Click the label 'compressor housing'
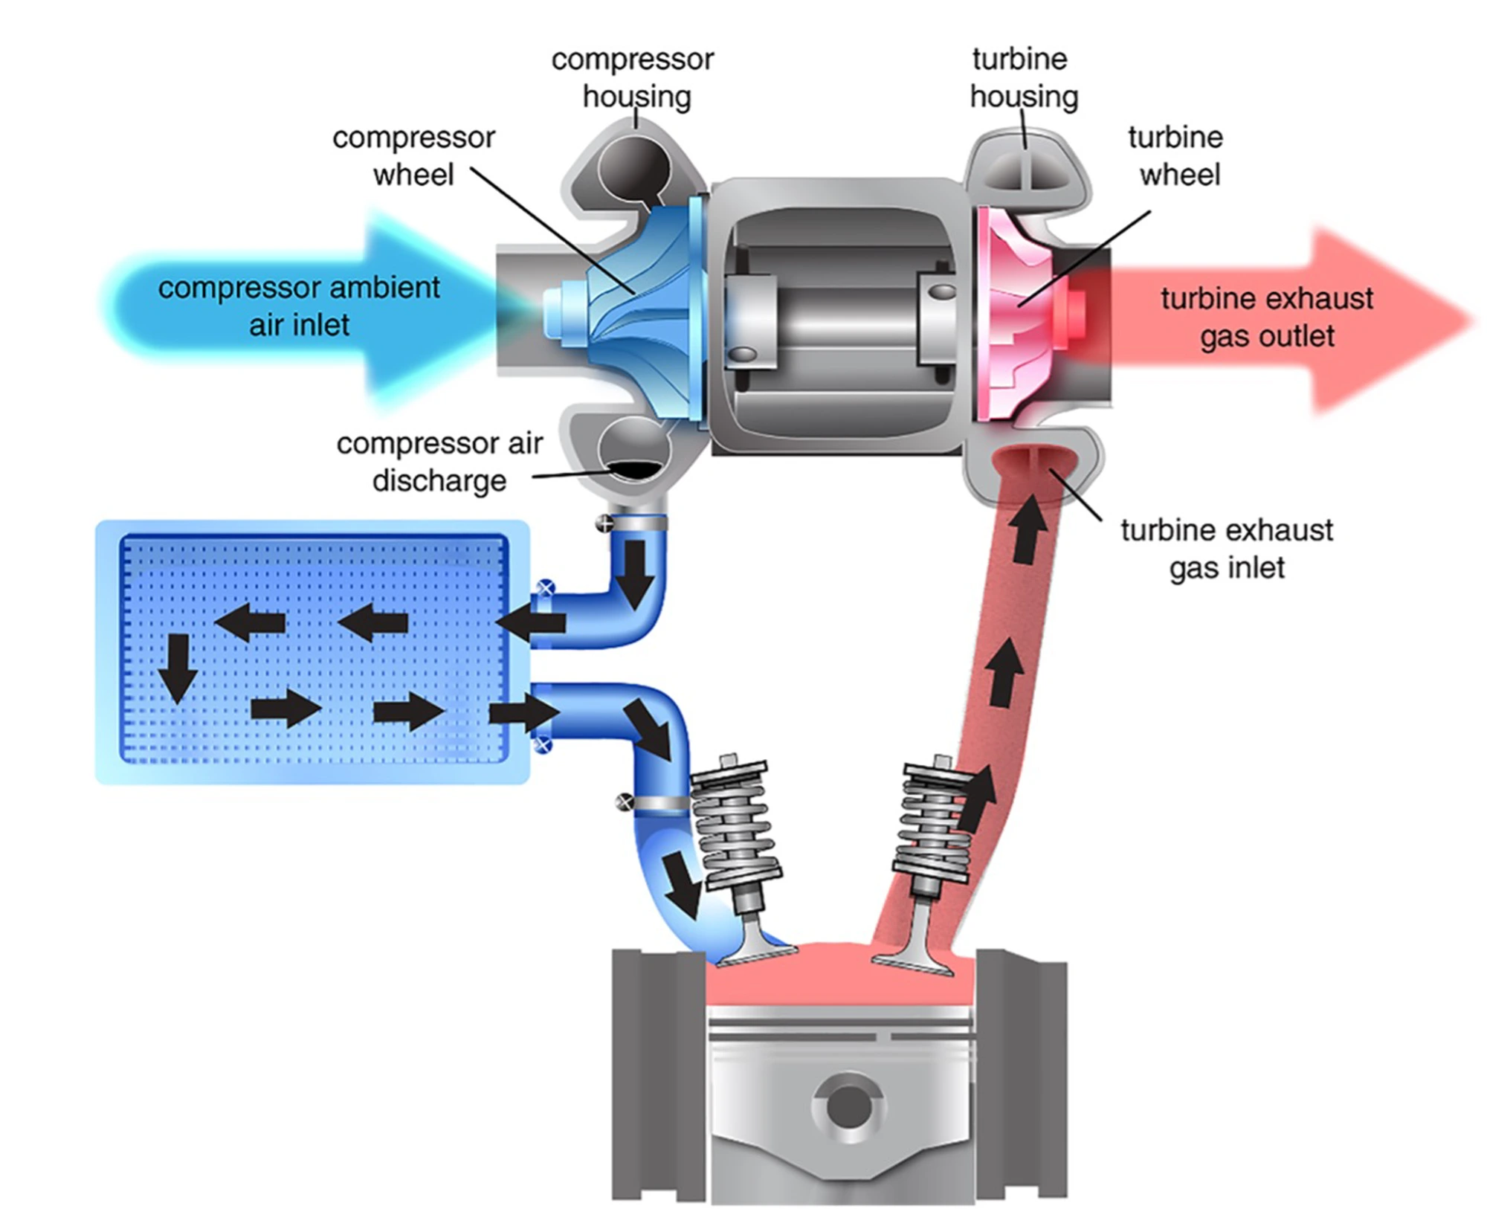[633, 78]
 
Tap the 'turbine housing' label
[1023, 78]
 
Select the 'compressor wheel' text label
[413, 156]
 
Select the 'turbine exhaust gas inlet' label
[1227, 549]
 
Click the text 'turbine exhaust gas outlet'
[1266, 317]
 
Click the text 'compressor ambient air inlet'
[299, 306]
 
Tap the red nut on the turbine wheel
[1074, 312]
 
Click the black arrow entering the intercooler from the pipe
[529, 623]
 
